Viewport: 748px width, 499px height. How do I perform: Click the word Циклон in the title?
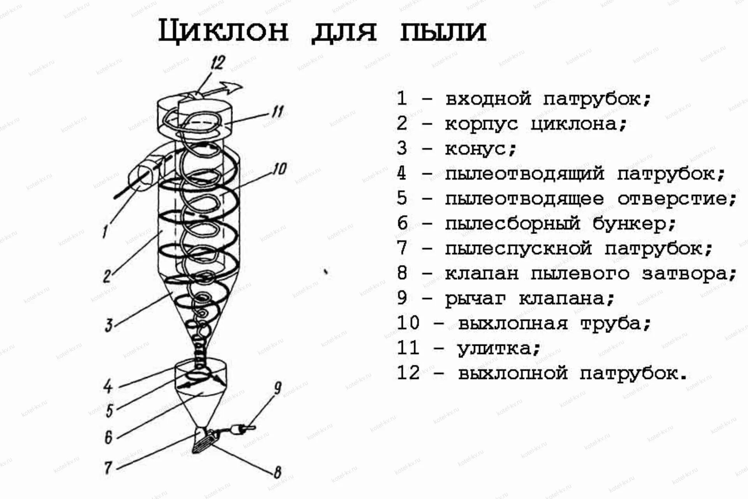tap(223, 31)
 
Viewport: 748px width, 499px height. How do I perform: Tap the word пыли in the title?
tap(443, 31)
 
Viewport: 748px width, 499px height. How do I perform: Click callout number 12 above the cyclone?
tap(218, 63)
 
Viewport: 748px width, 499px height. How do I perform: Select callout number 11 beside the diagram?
tap(277, 112)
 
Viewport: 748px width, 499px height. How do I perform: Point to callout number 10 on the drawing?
tap(279, 169)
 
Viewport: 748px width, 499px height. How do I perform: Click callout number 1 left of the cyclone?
tap(105, 232)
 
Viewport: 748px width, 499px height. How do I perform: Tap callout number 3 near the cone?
tap(109, 325)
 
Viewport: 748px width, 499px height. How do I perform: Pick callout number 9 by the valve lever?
tap(277, 388)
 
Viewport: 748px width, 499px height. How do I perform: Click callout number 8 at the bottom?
tap(277, 472)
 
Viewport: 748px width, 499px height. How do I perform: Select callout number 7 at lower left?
tap(108, 467)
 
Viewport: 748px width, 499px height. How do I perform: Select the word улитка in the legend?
tap(494, 348)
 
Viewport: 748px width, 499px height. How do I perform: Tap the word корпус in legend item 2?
tap(482, 124)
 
